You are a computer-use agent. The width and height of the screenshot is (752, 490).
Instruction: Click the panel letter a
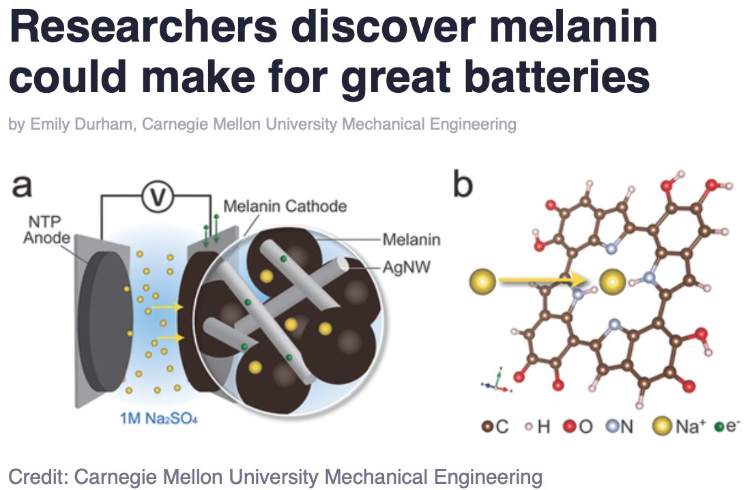(x=23, y=186)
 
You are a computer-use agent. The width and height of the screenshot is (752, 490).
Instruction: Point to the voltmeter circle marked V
(x=157, y=197)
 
